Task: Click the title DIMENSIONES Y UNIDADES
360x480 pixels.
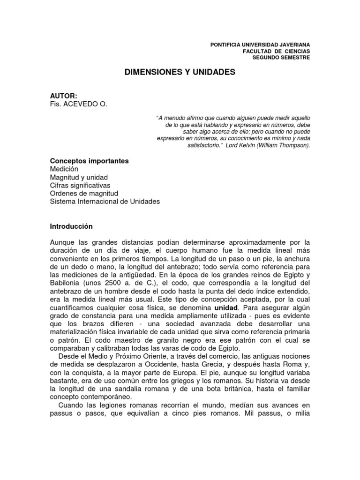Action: pos(180,73)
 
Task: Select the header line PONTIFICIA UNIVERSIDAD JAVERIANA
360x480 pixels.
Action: pos(261,44)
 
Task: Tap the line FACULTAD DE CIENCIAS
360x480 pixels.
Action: pos(276,51)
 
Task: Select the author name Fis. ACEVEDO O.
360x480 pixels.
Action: pos(79,104)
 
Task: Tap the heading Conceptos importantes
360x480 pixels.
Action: pos(89,161)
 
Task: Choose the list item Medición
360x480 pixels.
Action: pos(64,169)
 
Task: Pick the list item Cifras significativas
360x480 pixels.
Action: pos(80,185)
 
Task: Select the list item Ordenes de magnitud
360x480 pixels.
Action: pos(84,193)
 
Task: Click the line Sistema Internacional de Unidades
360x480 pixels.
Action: pos(105,201)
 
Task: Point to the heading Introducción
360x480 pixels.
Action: pos(71,226)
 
